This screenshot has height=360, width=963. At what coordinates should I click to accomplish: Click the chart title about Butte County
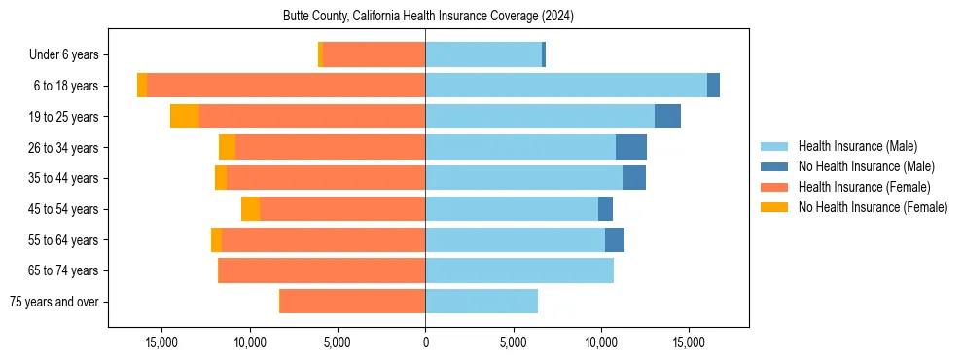pyautogui.click(x=428, y=17)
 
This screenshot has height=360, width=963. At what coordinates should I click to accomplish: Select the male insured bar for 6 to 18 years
pyautogui.click(x=566, y=86)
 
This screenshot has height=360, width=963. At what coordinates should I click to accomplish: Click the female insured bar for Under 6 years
pyautogui.click(x=374, y=54)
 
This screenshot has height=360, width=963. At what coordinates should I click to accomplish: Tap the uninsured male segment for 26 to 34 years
pyautogui.click(x=631, y=147)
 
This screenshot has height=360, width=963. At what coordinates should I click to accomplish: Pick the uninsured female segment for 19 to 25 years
pyautogui.click(x=185, y=117)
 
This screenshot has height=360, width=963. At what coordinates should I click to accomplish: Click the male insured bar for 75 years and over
pyautogui.click(x=481, y=302)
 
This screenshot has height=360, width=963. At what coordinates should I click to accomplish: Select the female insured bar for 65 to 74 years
pyautogui.click(x=323, y=270)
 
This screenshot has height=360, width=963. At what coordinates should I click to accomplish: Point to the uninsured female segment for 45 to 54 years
pyautogui.click(x=250, y=209)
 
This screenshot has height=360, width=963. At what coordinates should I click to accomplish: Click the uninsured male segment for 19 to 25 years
pyautogui.click(x=667, y=117)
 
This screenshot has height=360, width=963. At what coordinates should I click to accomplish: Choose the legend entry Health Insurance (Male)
pyautogui.click(x=857, y=146)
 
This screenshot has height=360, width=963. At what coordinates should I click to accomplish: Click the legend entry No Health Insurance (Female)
pyautogui.click(x=873, y=207)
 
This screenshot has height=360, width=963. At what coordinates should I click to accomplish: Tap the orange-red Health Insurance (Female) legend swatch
pyautogui.click(x=774, y=187)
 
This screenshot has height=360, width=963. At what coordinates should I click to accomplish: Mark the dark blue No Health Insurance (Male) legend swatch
pyautogui.click(x=774, y=166)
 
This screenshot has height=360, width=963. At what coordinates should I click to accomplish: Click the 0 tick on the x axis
pyautogui.click(x=425, y=342)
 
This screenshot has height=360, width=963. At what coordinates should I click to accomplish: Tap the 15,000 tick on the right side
pyautogui.click(x=689, y=342)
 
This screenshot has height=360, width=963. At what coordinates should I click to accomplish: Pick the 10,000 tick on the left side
pyautogui.click(x=250, y=342)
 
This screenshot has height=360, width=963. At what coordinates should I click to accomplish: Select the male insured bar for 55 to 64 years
pyautogui.click(x=515, y=240)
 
